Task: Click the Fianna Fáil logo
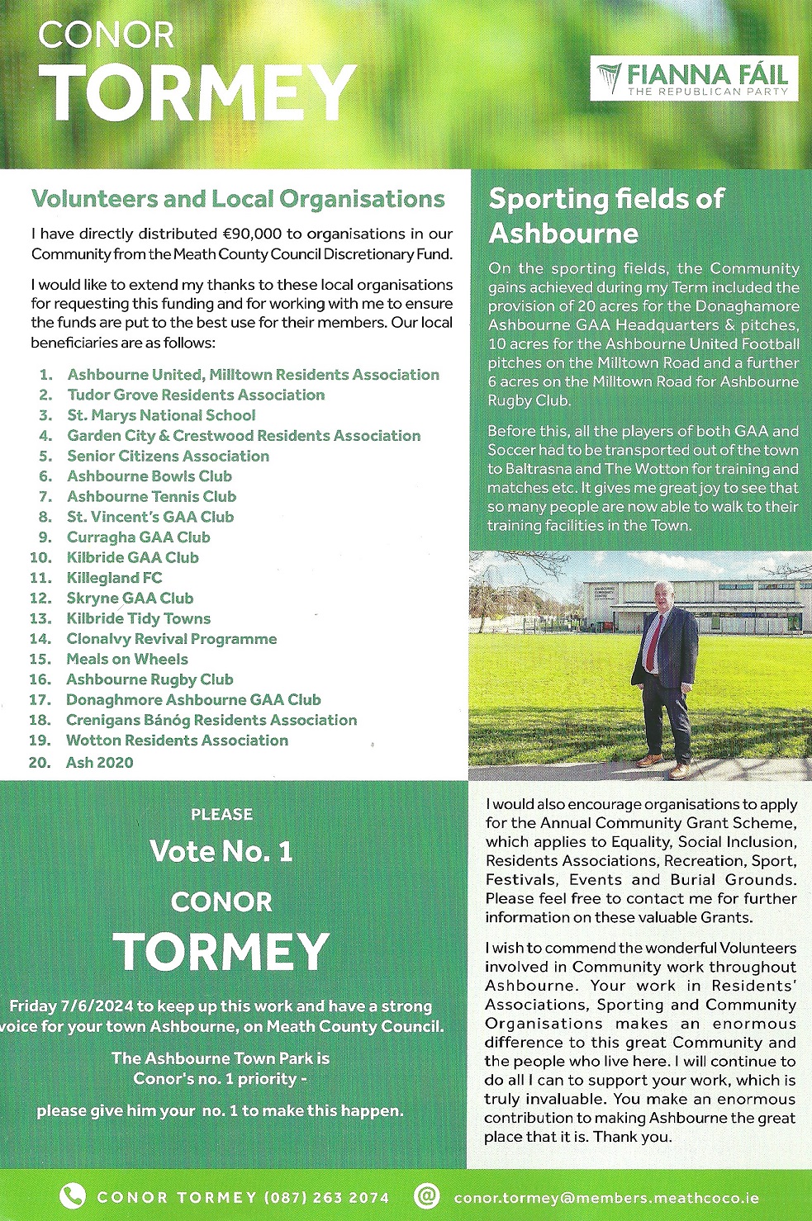click(694, 79)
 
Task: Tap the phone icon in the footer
click(72, 1196)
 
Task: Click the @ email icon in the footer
click(426, 1196)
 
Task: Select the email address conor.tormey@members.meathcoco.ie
click(606, 1198)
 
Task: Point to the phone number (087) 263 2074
click(326, 1198)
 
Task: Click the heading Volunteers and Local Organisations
click(238, 199)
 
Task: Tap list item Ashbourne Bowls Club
click(150, 476)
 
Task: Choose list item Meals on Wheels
click(127, 659)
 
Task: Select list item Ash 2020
click(99, 762)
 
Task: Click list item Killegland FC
click(114, 578)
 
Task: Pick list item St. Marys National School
click(161, 415)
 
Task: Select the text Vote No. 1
click(221, 851)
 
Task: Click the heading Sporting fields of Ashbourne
click(605, 215)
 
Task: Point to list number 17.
click(40, 700)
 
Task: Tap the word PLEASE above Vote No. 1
click(221, 814)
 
